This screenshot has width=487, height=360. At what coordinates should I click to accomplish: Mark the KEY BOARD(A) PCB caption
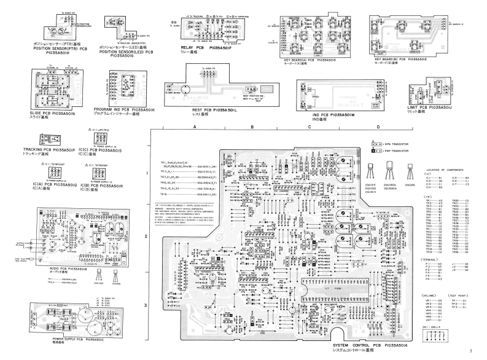coord(308,60)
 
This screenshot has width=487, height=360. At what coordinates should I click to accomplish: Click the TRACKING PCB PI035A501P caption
coord(49,150)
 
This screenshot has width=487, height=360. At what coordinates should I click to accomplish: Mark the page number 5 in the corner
coord(470,353)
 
